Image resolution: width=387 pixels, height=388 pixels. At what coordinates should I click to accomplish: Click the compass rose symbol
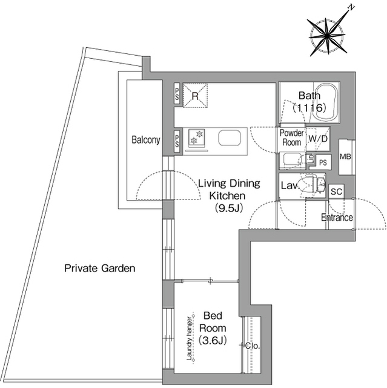[x=327, y=36]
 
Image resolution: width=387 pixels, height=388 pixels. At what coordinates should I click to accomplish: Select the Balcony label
[x=145, y=140]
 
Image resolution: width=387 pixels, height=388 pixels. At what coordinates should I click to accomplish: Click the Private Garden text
[x=100, y=268]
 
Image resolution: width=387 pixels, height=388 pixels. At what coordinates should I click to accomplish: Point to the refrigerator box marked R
[x=195, y=96]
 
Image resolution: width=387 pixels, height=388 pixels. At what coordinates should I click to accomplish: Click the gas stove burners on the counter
[x=197, y=137]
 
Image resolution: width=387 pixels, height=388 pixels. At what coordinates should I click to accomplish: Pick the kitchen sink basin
[x=230, y=138]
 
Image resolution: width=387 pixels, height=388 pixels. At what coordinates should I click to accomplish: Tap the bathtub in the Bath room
[x=325, y=102]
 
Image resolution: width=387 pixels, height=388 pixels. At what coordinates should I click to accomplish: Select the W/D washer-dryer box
[x=318, y=139]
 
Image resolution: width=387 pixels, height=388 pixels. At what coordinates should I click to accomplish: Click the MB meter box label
[x=345, y=156]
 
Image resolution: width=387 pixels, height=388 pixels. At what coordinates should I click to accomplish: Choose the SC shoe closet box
[x=336, y=192]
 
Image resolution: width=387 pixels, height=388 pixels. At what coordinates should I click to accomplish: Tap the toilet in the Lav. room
[x=313, y=184]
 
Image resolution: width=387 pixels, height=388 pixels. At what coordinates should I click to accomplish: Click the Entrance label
[x=337, y=218]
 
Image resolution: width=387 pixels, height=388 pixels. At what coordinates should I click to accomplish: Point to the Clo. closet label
[x=253, y=346]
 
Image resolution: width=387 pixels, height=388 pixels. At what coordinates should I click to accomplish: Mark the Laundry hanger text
[x=190, y=338]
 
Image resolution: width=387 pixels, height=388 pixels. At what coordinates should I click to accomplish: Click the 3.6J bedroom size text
[x=213, y=341]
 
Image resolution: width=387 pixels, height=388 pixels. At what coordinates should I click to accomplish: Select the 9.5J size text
[x=228, y=208]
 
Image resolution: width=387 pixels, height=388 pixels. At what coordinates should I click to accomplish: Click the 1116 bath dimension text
[x=309, y=108]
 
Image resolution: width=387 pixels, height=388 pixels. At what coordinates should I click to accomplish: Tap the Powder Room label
[x=292, y=138]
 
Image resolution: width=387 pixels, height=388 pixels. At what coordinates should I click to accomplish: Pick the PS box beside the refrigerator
[x=177, y=95]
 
